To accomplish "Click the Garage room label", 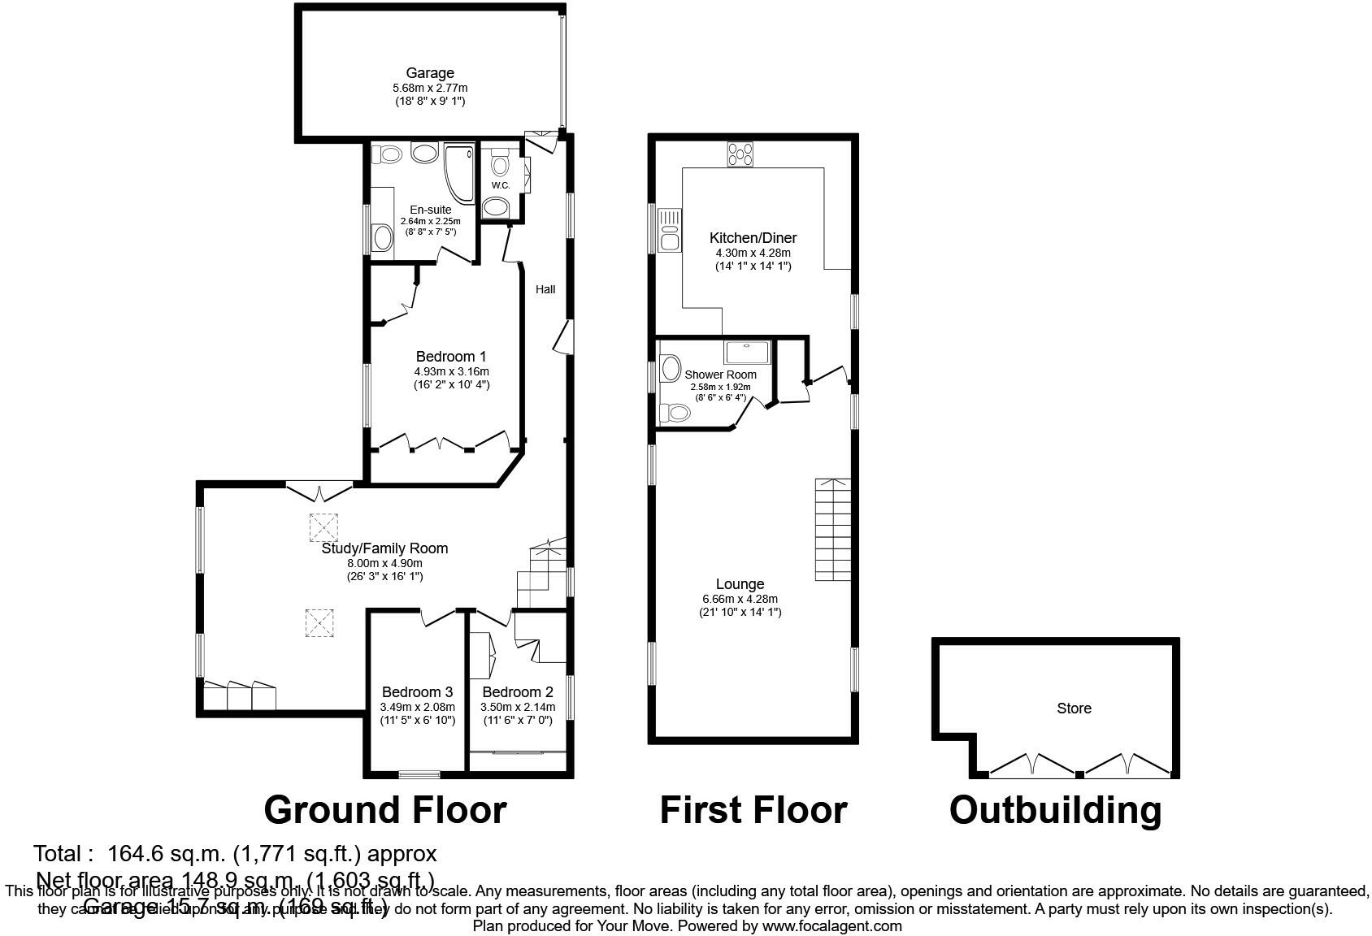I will coord(430,73).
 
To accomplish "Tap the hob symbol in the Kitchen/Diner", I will coord(740,154).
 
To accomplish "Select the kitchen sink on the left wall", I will coord(670,230).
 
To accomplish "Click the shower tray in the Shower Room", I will coord(746,353).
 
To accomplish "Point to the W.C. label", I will coord(501,185).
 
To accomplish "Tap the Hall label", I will coord(545,289).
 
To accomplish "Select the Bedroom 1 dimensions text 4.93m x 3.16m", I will coord(451,371).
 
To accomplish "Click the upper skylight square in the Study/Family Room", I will coord(323,527).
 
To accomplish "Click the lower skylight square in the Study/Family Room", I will coord(319,624).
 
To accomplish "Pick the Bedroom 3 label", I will coord(417,692).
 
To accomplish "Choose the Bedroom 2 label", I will coord(518,692).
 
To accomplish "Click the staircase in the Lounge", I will coord(833,528).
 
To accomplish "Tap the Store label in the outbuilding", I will coord(1073,708).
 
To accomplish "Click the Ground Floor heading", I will coord(384,810).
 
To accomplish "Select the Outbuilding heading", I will coord(1055,810).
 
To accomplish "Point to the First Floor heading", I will coord(753,810).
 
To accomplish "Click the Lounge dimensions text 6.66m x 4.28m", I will coord(740,599).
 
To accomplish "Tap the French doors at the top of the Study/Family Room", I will coord(319,492).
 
